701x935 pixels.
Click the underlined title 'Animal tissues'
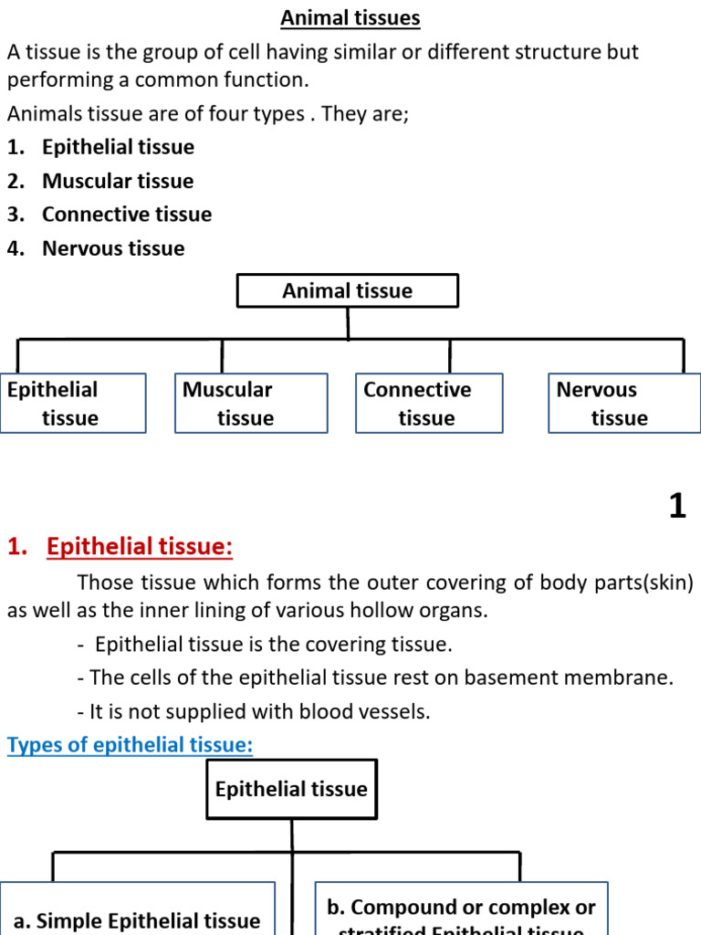point(350,18)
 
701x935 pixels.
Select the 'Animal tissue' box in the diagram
point(347,291)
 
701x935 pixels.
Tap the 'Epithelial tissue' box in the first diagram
point(73,404)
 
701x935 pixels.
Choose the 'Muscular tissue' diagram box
point(251,404)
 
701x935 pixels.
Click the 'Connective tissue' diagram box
point(428,404)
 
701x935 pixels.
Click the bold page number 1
point(676,506)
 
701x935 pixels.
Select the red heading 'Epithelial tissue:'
point(140,547)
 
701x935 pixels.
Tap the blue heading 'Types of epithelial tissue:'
point(130,745)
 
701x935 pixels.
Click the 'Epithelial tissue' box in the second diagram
point(291,789)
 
